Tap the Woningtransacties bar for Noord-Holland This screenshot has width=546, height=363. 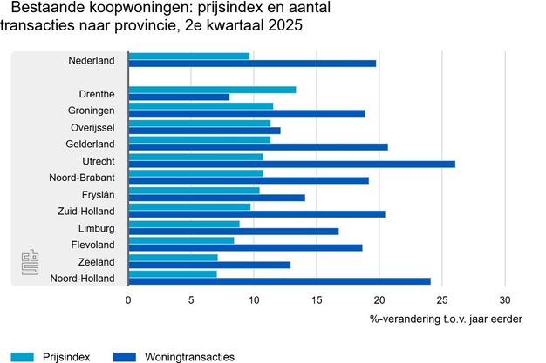[279, 280]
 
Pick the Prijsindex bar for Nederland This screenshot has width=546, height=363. [188, 56]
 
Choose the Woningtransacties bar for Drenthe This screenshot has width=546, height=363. [179, 97]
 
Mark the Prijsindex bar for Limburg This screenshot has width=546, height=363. [183, 224]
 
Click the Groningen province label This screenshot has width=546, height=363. [92, 111]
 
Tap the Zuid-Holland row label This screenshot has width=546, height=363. [87, 211]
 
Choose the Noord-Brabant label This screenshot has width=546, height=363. [85, 178]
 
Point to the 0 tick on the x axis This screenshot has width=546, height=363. [128, 299]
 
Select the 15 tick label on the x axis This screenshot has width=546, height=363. [317, 299]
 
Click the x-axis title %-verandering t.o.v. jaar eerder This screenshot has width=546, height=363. [446, 319]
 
